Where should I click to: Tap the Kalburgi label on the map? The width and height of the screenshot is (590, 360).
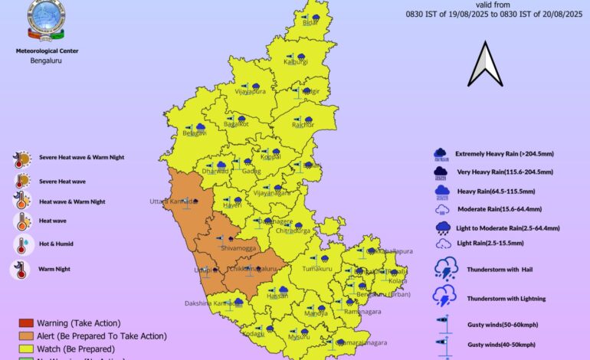point(295,62)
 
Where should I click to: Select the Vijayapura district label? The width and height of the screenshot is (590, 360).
point(251,92)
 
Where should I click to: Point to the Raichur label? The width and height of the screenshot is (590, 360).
point(303,125)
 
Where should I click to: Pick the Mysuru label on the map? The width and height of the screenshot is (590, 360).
point(299,337)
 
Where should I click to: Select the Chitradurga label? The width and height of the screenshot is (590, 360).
point(294,230)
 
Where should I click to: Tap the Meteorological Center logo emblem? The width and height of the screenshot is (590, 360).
point(46,21)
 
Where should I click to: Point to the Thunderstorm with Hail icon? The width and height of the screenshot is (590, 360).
point(446,268)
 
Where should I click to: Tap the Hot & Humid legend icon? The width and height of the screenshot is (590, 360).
point(21,246)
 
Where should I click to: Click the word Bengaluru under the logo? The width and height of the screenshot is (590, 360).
point(46,60)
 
